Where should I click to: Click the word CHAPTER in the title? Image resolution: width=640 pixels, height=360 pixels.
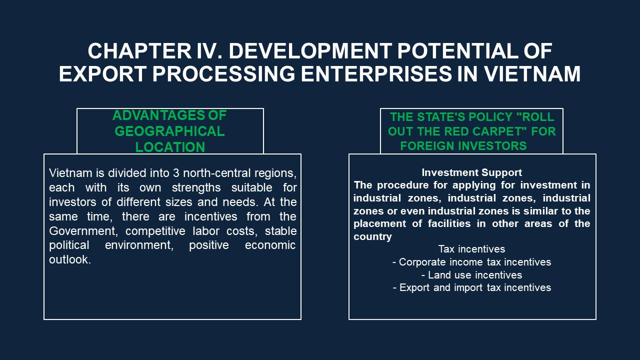139,51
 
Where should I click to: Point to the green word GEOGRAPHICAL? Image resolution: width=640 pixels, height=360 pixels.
169,131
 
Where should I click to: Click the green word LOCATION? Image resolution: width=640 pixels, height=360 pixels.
170,147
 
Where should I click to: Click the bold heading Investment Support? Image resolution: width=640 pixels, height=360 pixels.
471,172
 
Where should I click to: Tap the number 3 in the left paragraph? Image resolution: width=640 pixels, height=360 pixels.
176,173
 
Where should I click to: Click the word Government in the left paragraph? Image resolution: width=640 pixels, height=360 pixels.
83,231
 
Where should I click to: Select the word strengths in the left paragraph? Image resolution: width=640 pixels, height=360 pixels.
196,188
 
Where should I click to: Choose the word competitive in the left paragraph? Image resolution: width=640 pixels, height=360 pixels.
155,231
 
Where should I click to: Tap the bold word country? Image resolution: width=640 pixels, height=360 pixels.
372,236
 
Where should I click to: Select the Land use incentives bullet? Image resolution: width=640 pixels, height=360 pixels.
471,275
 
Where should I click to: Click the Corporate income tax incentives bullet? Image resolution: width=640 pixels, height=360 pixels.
471,262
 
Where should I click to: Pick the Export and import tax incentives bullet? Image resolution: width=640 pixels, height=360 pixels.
472,287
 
